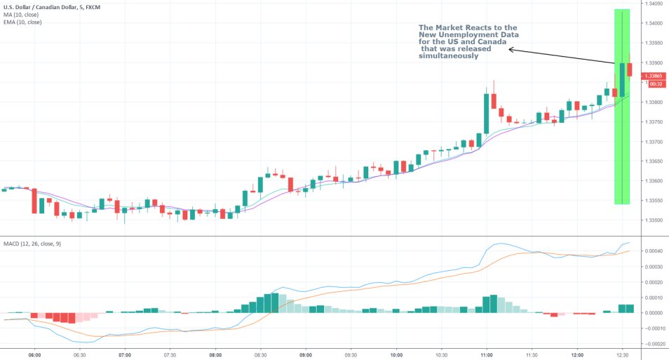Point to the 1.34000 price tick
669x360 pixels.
pyautogui.click(x=655, y=23)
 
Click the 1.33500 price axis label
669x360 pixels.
pyautogui.click(x=655, y=220)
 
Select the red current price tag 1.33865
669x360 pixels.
pyautogui.click(x=656, y=76)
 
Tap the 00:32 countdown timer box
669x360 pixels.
pyautogui.click(x=656, y=84)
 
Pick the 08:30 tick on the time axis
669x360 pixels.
pyautogui.click(x=261, y=355)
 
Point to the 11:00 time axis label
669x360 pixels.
pyautogui.click(x=487, y=355)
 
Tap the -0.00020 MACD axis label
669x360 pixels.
pyautogui.click(x=654, y=344)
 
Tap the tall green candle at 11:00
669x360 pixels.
pyautogui.click(x=485, y=112)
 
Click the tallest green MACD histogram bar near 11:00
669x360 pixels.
pyautogui.click(x=494, y=304)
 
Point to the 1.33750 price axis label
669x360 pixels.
pyautogui.click(x=655, y=122)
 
